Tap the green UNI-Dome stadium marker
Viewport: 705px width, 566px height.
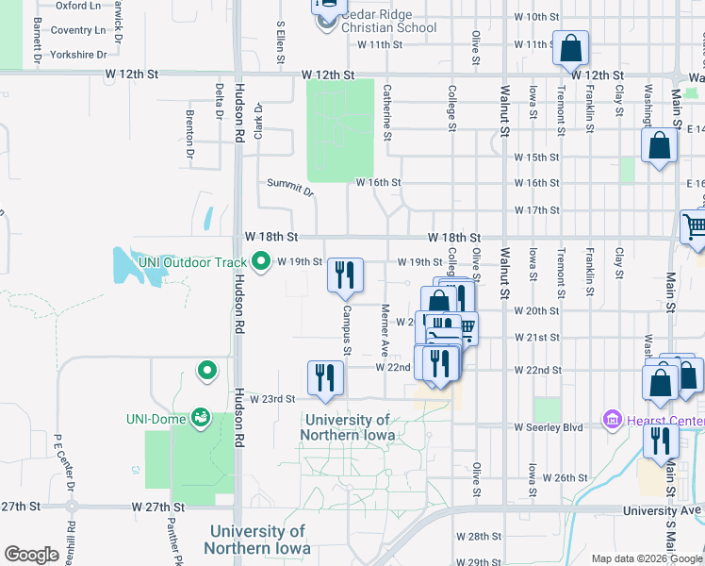(200, 416)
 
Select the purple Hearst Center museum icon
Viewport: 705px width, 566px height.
(612, 417)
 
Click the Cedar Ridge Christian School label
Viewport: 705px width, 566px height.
(389, 21)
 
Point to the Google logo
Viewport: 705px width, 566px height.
(31, 555)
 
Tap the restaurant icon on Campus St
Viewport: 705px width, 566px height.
(345, 276)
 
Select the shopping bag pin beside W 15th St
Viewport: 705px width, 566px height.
(659, 146)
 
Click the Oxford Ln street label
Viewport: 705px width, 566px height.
(78, 6)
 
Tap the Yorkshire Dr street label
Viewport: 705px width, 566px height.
(79, 55)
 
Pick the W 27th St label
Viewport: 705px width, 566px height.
(153, 508)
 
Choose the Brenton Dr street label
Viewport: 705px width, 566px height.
(190, 133)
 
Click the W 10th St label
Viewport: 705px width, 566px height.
(537, 17)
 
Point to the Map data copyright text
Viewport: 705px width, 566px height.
(646, 558)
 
